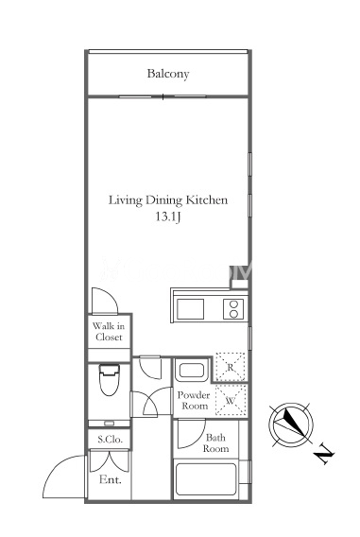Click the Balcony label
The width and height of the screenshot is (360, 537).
tap(168, 74)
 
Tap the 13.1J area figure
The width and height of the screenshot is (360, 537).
tap(167, 217)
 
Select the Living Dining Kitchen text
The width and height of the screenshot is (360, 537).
tap(168, 200)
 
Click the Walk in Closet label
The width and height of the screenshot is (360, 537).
tap(109, 332)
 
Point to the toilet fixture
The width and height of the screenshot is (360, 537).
tap(110, 380)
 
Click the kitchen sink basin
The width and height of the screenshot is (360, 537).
tap(190, 309)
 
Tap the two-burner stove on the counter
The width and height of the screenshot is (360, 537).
tap(233, 309)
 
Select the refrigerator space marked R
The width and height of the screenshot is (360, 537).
tap(231, 367)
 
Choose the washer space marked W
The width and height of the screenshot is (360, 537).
tap(231, 400)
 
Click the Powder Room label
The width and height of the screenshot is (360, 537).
tap(194, 400)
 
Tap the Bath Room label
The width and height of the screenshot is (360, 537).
tap(215, 442)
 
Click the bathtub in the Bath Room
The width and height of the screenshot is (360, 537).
tap(205, 479)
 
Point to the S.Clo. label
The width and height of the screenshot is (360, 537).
tap(110, 440)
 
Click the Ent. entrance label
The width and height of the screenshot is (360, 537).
tap(111, 480)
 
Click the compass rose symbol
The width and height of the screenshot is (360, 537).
tap(291, 424)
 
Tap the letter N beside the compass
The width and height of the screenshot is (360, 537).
tap(323, 455)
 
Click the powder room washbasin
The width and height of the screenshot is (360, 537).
tap(192, 371)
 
